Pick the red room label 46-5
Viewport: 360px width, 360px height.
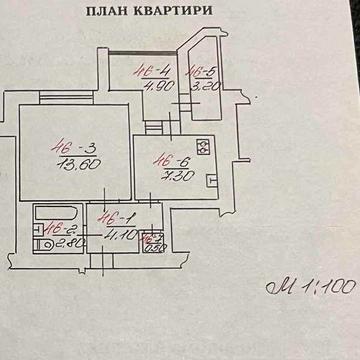(202, 71)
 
